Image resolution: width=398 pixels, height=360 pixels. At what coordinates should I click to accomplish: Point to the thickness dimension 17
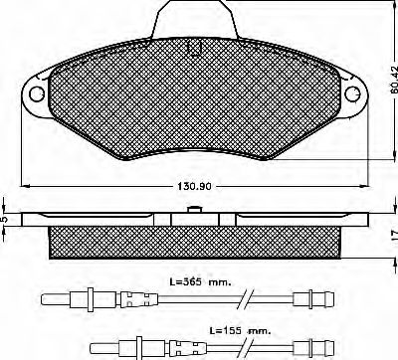click(x=391, y=236)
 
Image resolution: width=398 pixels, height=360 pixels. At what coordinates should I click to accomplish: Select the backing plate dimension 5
click(x=5, y=220)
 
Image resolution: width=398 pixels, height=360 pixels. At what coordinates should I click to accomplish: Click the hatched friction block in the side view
click(x=194, y=240)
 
